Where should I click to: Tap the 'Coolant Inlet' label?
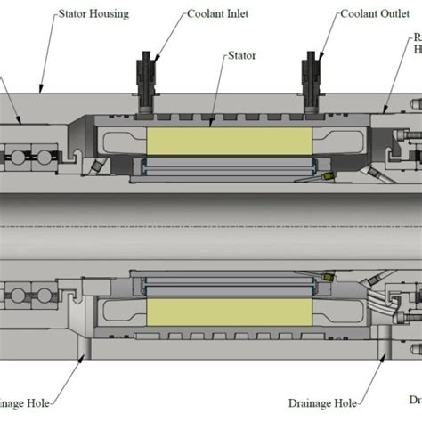coord(218,15)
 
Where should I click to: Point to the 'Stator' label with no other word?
coord(241,55)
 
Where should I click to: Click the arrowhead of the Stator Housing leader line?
coord(38,92)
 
